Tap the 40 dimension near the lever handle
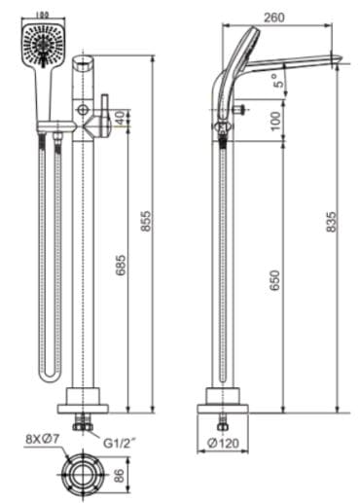[x=120, y=118]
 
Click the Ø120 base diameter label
[x=225, y=444]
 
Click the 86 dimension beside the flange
[x=118, y=476]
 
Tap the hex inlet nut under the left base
[x=84, y=425]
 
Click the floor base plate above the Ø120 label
[x=225, y=400]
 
